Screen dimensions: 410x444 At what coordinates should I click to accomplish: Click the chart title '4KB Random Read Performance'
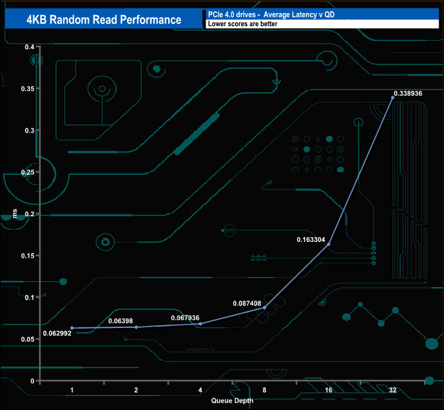[103, 19]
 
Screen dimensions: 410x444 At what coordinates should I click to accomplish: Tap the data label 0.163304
[311, 240]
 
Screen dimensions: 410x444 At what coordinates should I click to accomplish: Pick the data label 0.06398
[121, 320]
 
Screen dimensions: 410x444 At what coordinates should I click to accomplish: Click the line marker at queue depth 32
[392, 98]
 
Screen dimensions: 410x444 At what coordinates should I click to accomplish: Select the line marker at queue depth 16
[329, 244]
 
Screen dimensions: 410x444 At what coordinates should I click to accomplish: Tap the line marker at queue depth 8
[264, 307]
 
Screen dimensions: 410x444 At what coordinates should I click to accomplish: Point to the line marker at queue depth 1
[72, 328]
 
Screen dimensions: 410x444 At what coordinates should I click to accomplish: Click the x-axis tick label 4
[200, 389]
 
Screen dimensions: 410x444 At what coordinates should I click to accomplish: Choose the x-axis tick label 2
[136, 389]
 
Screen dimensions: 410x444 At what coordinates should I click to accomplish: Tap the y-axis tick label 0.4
[29, 46]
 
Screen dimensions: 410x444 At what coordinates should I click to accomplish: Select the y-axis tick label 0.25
[27, 172]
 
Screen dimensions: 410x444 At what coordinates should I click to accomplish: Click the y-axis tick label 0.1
[29, 297]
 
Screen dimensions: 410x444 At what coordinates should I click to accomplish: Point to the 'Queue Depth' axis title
[232, 401]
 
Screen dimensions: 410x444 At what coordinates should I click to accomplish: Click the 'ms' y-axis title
[14, 214]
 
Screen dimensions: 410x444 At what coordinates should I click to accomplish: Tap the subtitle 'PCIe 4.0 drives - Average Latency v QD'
[270, 14]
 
